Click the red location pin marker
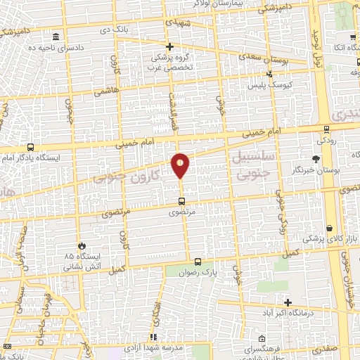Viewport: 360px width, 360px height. [181, 165]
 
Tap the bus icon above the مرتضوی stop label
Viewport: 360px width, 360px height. [182, 201]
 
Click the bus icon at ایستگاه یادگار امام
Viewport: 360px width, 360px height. [30, 147]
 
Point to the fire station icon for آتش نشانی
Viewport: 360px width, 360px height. [83, 246]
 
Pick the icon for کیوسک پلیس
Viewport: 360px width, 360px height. [269, 73]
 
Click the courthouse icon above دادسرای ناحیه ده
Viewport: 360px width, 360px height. [56, 37]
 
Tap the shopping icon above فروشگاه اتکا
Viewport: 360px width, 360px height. [349, 37]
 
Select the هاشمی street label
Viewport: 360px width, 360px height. [112, 91]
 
